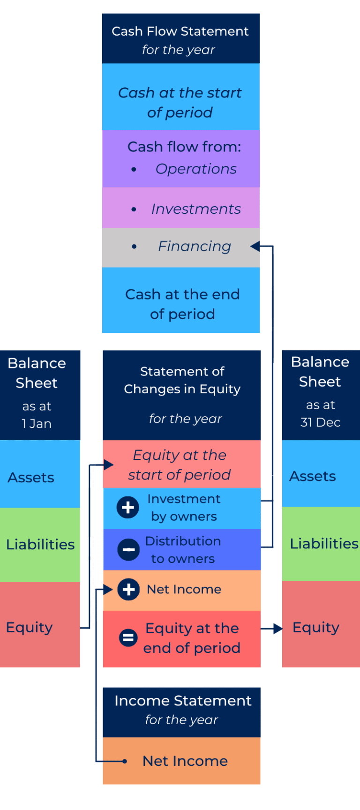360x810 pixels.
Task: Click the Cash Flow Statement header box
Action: click(180, 39)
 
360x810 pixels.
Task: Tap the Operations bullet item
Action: click(195, 169)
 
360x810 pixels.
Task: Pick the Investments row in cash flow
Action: click(195, 209)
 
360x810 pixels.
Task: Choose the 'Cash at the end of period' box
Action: click(182, 304)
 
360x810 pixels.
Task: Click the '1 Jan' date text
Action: click(37, 424)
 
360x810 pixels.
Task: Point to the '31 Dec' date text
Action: click(320, 422)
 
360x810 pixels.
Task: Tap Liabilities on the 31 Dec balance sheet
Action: click(323, 543)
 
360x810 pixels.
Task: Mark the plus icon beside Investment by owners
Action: click(128, 508)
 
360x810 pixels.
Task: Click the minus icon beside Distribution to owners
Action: click(128, 549)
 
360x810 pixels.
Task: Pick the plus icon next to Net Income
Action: click(128, 589)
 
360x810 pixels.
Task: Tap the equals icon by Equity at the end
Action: click(128, 637)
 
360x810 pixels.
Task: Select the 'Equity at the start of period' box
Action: click(180, 465)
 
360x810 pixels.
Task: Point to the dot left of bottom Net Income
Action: click(125, 761)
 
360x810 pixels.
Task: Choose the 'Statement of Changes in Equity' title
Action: click(182, 380)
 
